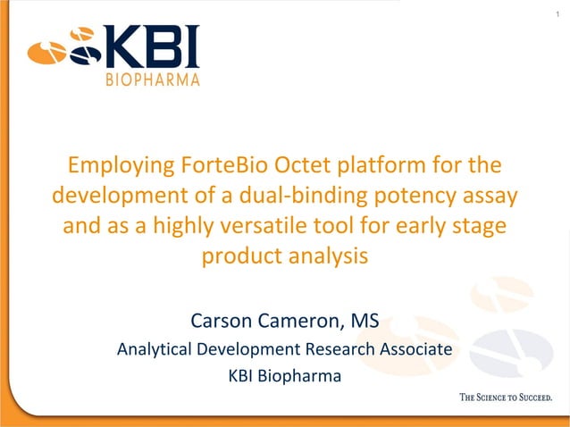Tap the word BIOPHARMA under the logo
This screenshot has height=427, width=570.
coord(153,80)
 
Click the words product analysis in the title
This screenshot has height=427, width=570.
coord(284,255)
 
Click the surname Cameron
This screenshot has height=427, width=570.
coord(303,318)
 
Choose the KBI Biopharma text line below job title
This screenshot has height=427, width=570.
coord(284,376)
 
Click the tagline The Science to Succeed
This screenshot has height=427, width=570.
coord(505,398)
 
